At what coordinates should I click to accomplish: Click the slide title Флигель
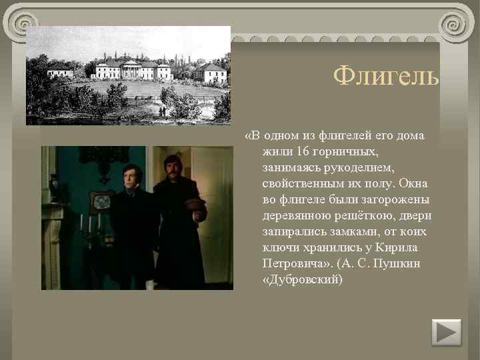(386, 77)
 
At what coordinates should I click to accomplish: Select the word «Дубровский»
(303, 279)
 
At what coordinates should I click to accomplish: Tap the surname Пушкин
(401, 263)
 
